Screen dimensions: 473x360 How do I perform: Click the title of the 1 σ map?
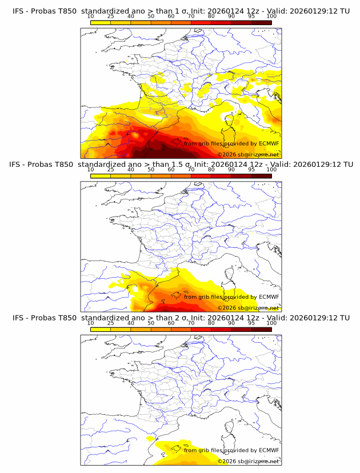pos(181,11)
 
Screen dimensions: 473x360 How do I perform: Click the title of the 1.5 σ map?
pos(181,165)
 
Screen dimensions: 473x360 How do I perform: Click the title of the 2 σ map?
pos(181,318)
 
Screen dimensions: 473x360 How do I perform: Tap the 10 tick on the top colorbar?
pos(91,17)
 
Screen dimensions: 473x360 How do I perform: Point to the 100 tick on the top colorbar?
pos(271,17)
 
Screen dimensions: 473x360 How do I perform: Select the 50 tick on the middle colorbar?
pos(151,170)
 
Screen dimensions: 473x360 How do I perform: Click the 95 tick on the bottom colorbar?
pos(251,323)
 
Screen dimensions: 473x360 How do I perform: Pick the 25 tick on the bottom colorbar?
pos(111,323)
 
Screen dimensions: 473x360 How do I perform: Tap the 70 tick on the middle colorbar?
pos(191,170)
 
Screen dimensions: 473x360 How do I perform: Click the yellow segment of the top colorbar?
pos(101,22)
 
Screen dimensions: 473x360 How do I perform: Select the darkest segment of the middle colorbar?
pos(261,175)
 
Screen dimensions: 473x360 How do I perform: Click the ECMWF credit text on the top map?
pos(231,144)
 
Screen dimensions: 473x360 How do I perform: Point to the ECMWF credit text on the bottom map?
pos(231,450)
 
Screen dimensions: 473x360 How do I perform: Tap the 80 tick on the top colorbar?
pos(211,17)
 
